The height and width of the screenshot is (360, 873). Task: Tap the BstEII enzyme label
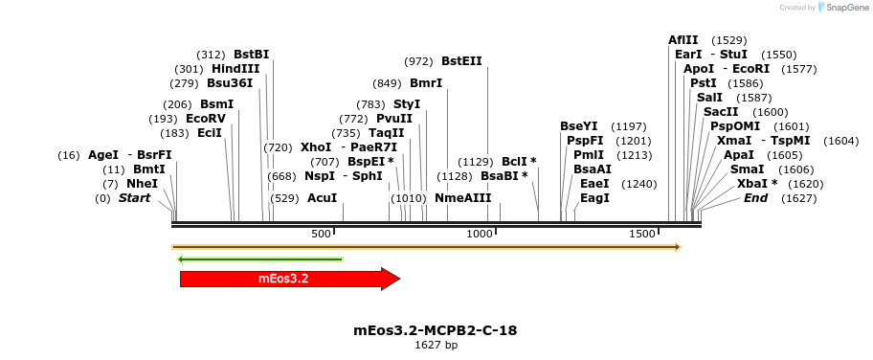coord(461,61)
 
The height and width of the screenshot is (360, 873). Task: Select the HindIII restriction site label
coord(235,69)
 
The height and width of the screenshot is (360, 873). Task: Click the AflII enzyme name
coord(683,40)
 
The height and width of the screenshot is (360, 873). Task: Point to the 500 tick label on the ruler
coord(322,234)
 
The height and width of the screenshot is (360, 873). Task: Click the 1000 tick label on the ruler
coord(479,234)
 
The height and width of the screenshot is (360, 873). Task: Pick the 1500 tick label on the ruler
coord(642,234)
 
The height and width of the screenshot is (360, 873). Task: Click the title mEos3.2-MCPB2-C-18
coord(436,330)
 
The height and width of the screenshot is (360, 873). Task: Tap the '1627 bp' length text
coord(436,345)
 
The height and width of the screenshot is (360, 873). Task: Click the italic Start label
coord(134,198)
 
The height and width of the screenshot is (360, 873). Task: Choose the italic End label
coord(755,198)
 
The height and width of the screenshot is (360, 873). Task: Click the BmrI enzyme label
coord(426,83)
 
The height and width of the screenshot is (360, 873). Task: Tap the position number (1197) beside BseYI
coord(630,126)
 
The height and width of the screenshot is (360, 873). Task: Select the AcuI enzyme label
coord(322,198)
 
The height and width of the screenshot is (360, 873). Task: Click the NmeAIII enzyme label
coord(462,198)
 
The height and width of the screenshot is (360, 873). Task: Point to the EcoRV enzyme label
coord(206,119)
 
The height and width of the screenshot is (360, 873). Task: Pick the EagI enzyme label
coord(594,198)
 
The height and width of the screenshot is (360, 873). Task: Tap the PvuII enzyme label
coord(394,119)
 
